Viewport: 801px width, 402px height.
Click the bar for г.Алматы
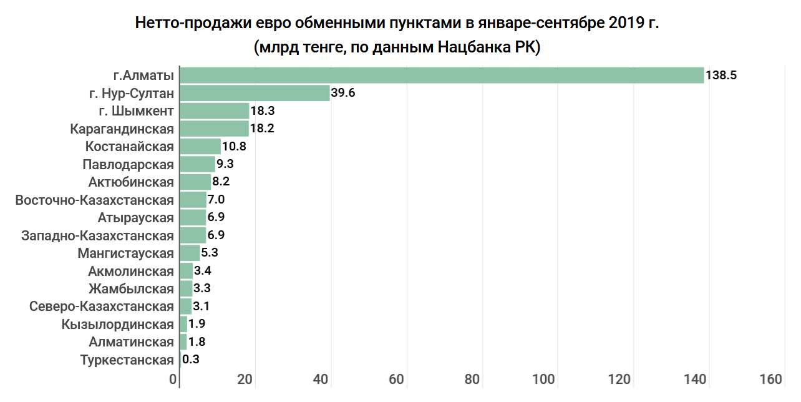442,76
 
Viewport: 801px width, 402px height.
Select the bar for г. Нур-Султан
255,94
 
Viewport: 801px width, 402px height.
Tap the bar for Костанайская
200,147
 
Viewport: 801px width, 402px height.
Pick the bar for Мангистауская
190,253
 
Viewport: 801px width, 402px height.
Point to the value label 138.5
721,76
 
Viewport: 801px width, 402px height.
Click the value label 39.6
343,94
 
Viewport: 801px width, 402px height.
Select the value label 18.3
263,111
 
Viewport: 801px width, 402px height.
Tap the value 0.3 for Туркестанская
191,360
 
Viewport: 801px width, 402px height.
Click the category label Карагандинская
122,129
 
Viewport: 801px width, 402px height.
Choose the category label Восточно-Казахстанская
94,200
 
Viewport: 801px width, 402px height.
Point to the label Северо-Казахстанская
101,306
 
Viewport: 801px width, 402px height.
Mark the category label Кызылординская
117,325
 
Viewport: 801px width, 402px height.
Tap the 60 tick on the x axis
397,380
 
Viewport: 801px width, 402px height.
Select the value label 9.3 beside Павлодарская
225,165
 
